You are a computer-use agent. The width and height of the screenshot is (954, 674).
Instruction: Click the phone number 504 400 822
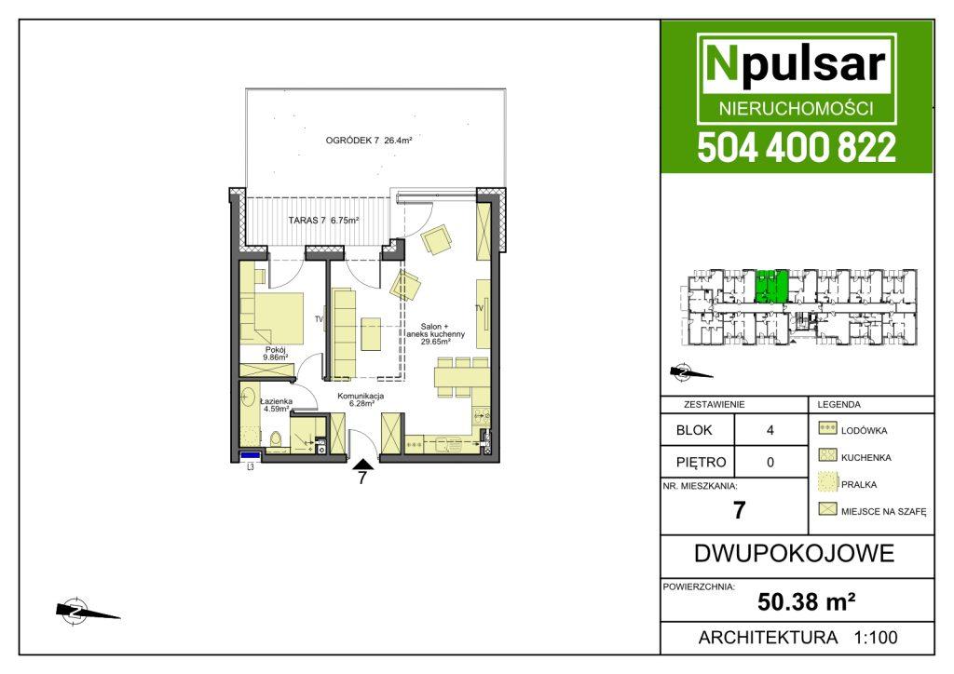pos(797,148)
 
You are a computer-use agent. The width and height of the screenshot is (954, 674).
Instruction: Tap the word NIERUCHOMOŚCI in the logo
pos(797,108)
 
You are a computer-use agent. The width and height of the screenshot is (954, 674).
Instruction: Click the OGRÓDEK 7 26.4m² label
pos(369,141)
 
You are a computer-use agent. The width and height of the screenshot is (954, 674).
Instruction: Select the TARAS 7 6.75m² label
pos(323,220)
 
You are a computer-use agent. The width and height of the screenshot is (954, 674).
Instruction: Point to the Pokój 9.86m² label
pos(276,354)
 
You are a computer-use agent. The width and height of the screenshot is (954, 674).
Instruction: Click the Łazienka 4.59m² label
pos(276,405)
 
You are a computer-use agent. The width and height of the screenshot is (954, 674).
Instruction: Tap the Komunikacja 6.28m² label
pos(361,399)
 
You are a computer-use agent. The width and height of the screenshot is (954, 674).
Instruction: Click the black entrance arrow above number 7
pos(363,465)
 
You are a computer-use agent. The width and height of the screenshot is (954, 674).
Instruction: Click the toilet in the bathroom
pos(276,438)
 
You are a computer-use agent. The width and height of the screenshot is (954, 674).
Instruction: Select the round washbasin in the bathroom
pos(247,398)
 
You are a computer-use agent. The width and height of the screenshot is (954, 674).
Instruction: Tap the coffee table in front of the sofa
pos(371,333)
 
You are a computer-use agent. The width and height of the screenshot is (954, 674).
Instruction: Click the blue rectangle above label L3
pos(250,454)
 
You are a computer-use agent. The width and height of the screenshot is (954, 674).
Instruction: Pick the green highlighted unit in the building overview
pos(771,286)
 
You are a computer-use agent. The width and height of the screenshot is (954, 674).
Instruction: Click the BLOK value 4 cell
pos(770,430)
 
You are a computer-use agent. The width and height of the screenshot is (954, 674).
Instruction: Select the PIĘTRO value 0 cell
pos(770,462)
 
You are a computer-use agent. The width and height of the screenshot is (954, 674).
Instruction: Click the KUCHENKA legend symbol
pos(827,454)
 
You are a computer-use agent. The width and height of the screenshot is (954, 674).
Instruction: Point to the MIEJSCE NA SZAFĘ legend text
pos(883,512)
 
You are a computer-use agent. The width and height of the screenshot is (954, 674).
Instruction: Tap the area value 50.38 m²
pos(807,601)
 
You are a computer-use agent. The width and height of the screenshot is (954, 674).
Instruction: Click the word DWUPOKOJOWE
pos(794,554)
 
